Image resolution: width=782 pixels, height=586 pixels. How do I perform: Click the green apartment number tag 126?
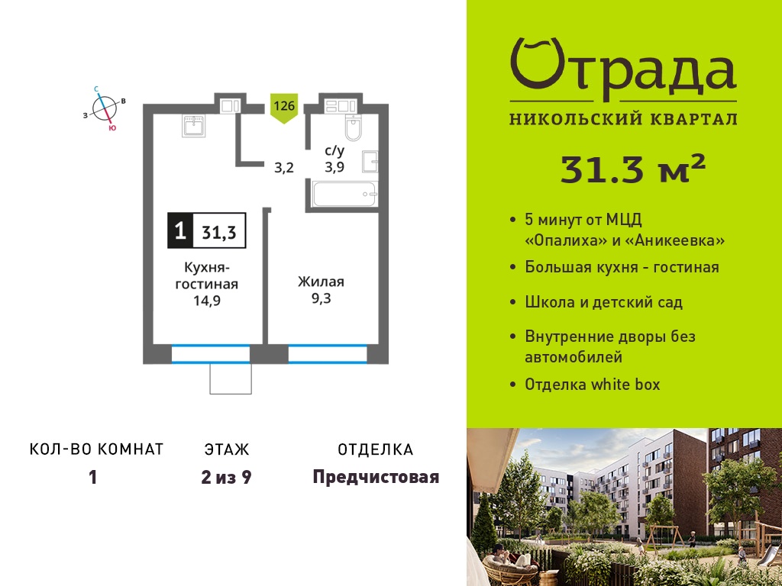[x=284, y=108]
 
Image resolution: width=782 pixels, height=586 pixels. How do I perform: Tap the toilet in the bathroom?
[x=353, y=127]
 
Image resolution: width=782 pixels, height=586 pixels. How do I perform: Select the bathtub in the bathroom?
[x=344, y=195]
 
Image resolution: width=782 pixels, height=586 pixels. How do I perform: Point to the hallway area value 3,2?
[x=284, y=167]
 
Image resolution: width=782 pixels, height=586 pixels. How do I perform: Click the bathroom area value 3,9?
[x=334, y=166]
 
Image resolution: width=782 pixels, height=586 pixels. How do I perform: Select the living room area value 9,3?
[x=321, y=299]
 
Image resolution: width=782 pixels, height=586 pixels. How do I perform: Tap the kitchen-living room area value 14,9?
[x=207, y=301]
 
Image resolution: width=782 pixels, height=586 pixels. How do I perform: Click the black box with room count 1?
[x=180, y=231]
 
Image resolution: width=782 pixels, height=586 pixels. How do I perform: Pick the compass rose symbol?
[x=104, y=109]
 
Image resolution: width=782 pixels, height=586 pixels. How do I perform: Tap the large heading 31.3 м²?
[x=633, y=169]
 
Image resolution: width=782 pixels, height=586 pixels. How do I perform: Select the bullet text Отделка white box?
[x=592, y=385]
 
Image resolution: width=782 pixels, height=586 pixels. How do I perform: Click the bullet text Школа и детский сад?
[x=604, y=302]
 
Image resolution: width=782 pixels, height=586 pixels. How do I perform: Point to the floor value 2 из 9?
[x=226, y=478]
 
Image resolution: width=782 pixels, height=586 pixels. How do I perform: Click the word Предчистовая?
[x=376, y=478]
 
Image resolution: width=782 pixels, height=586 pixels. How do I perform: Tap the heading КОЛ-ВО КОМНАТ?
[x=97, y=449]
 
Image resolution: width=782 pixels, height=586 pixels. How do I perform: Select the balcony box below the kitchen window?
[x=231, y=378]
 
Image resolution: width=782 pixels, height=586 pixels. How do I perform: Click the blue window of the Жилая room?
[x=328, y=354]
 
